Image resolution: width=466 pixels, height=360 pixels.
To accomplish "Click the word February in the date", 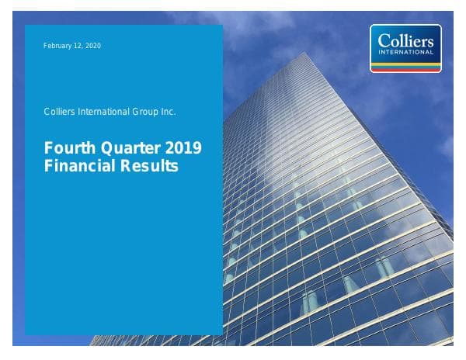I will point(58,46).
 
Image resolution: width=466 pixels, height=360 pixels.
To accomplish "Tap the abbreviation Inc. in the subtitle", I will point(169,112).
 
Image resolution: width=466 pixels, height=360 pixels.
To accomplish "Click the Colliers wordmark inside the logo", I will point(405,40).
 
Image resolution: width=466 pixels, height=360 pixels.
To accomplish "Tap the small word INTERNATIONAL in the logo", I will point(406,52).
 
